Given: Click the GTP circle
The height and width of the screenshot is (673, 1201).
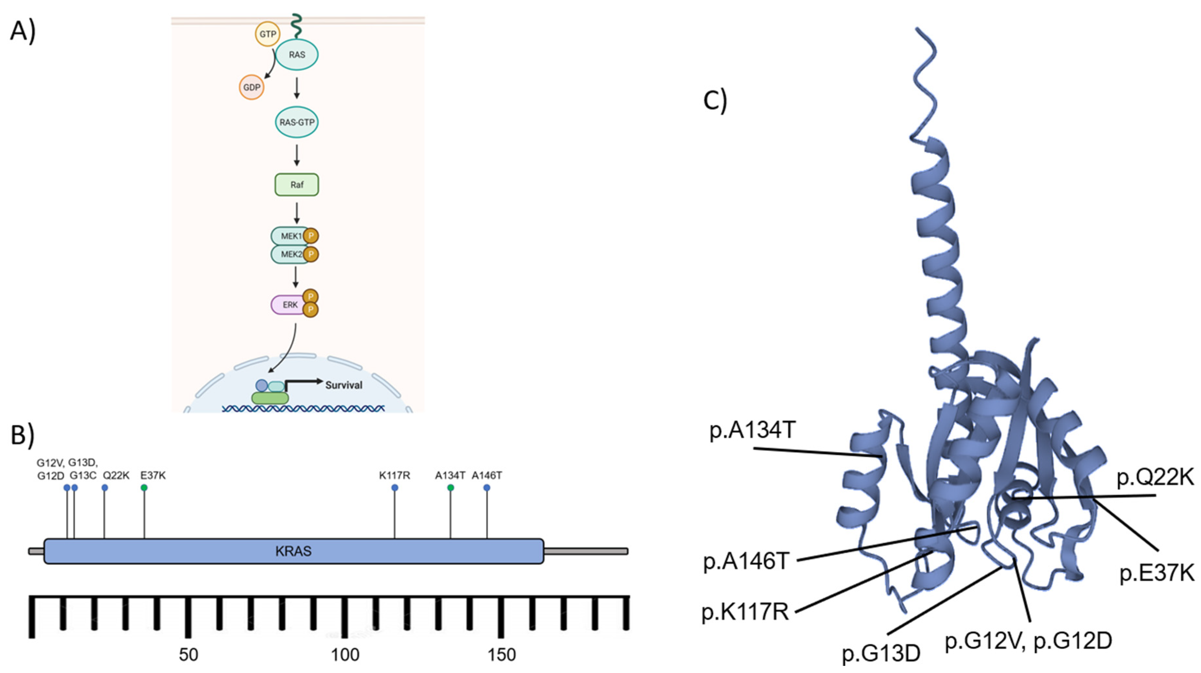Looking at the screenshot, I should pos(267,34).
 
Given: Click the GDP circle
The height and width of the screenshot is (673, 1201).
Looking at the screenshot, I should pos(252,87).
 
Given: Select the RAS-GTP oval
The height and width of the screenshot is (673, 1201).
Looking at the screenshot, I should pos(297,122).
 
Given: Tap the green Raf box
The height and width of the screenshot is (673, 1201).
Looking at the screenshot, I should pos(297,185).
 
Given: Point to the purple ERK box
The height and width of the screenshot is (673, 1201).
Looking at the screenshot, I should pos(289,305).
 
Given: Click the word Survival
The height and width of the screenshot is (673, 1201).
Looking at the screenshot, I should pos(343,385).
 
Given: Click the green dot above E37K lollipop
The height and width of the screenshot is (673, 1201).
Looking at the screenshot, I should pos(144,488).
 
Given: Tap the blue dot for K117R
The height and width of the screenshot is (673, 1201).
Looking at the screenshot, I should pos(395,488).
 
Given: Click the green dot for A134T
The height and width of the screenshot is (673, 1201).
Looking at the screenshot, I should pos(450,488).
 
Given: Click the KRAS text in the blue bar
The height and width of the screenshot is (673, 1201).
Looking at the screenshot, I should pos(293,551).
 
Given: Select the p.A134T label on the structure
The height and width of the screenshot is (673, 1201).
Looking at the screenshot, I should pos(752,430).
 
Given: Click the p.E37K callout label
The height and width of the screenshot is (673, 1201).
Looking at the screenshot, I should pos(1157,573).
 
